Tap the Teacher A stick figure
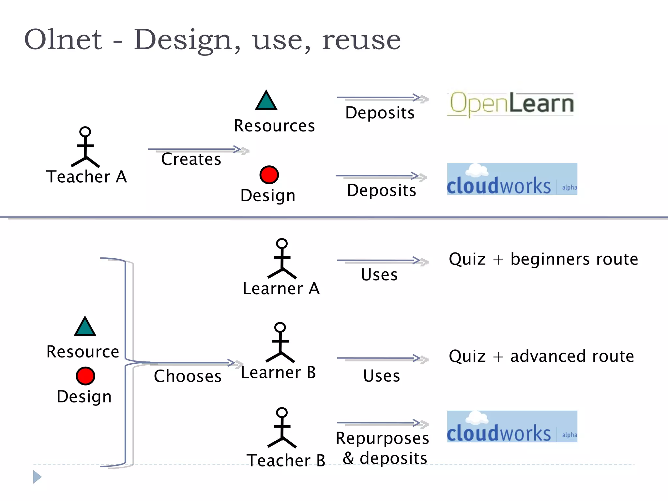point(85,147)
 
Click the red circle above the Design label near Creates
point(269,175)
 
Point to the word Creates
point(191,159)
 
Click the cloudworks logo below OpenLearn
point(512,179)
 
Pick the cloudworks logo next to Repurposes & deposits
point(512,426)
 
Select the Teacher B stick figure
point(282,428)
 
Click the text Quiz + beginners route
point(543,259)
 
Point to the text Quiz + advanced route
point(541,356)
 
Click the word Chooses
point(188,376)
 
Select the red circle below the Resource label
point(85,376)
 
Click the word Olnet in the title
point(63,39)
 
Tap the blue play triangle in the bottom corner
point(37,477)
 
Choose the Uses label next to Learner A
point(379,275)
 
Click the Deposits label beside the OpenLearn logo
point(380,113)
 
